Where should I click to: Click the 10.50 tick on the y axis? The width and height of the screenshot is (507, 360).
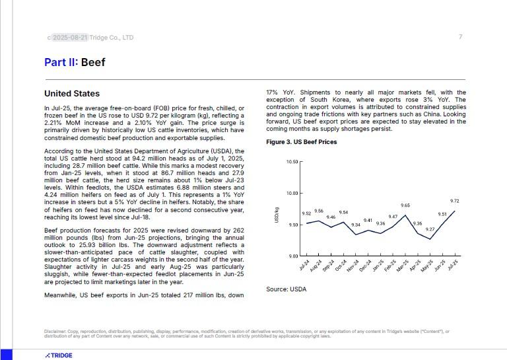[x=293, y=162]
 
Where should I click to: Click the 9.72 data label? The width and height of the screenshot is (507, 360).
[x=454, y=201]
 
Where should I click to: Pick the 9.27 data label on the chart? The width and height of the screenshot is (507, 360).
[x=430, y=229]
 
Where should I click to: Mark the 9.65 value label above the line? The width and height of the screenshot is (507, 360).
[x=405, y=205]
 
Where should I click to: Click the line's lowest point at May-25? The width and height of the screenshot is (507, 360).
[x=430, y=238]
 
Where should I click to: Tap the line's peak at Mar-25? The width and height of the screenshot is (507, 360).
[x=405, y=215]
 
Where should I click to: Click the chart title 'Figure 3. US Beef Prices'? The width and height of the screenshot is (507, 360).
[x=301, y=142]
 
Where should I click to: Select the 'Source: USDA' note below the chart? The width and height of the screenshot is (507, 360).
[x=286, y=289]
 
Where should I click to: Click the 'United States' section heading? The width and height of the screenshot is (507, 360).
[x=72, y=94]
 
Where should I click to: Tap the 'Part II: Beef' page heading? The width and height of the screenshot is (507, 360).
[x=75, y=63]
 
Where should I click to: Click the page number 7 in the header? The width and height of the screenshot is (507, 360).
[x=460, y=37]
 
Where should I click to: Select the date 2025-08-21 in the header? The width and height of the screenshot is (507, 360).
[x=69, y=38]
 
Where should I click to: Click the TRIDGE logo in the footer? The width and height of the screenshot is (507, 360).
[x=59, y=355]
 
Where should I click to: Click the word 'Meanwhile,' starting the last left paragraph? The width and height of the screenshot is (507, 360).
[x=59, y=296]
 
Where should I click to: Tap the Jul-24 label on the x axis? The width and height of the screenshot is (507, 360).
[x=305, y=265]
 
